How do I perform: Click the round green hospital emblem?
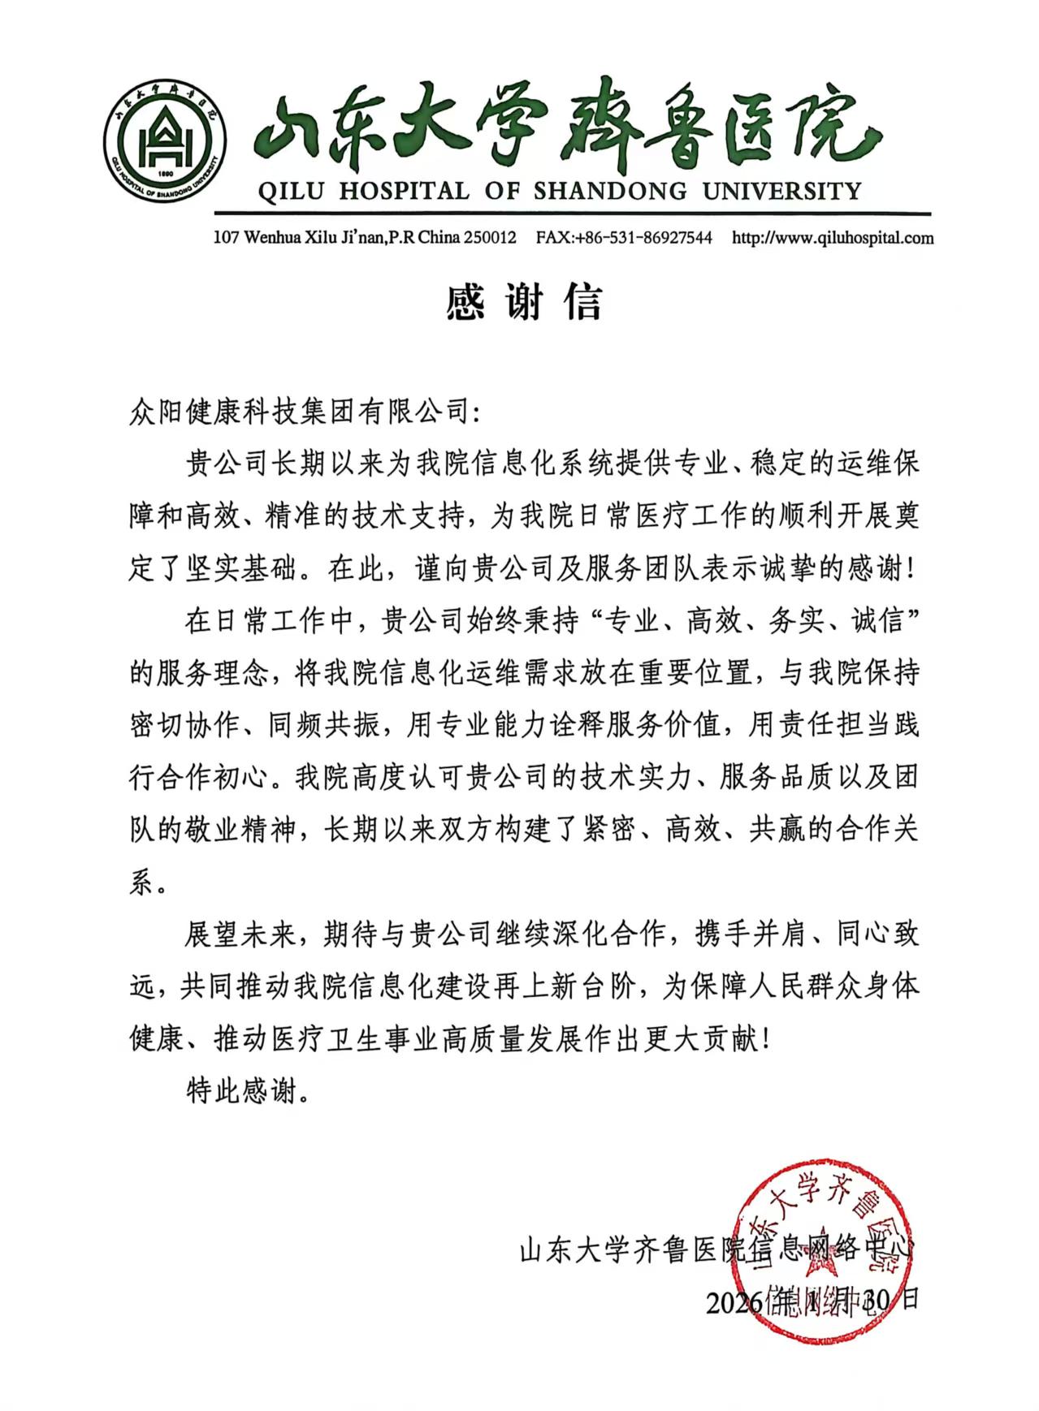165,144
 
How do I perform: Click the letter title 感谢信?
524,302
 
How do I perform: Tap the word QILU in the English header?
289,192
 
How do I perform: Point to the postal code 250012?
489,239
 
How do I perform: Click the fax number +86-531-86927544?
642,239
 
